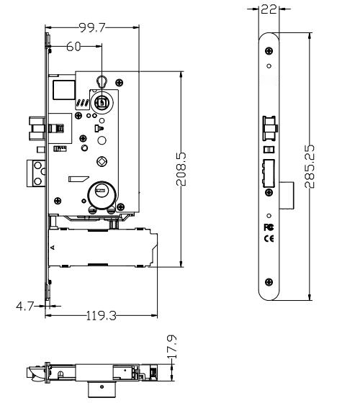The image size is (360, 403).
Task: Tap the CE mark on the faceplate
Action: tap(269, 237)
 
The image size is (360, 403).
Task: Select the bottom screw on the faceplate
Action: tap(269, 281)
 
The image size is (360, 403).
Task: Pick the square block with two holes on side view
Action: tap(36, 173)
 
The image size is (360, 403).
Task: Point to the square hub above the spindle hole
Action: tap(102, 103)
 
